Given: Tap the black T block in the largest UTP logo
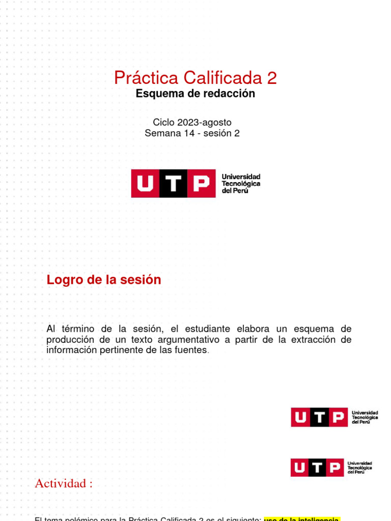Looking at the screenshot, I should (174, 183).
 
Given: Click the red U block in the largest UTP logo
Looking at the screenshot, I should (146, 183).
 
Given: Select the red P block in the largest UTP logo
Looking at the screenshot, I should (202, 183).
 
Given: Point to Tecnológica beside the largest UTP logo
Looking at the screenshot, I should (241, 183).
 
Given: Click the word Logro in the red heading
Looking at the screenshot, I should (63, 280).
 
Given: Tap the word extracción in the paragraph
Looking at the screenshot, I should (315, 339).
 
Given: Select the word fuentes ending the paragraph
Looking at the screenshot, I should (191, 350).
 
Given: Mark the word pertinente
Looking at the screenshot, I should (119, 350).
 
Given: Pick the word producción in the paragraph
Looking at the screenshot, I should (70, 339).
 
